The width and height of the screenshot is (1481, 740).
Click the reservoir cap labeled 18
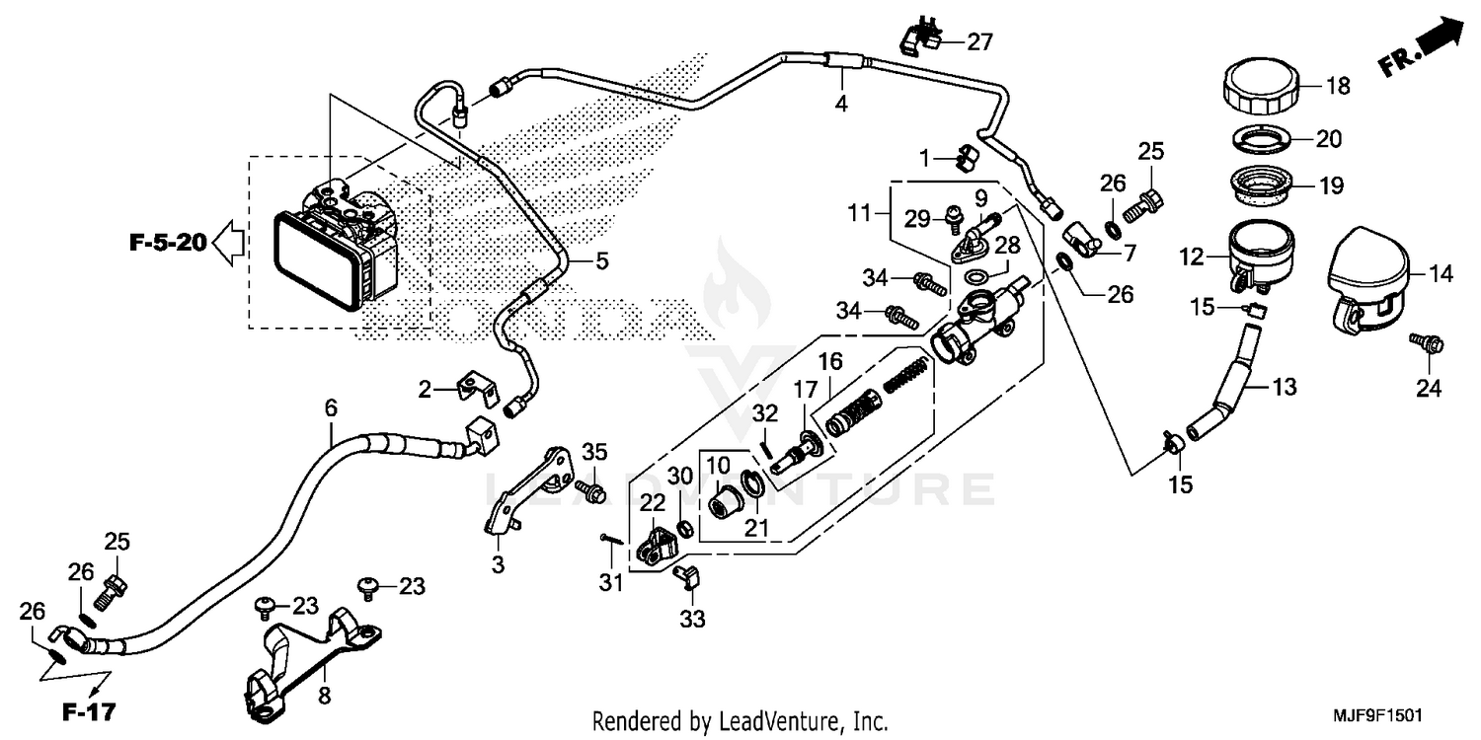[1256, 87]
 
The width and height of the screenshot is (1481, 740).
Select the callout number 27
[979, 42]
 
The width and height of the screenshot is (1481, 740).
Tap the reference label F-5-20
[167, 241]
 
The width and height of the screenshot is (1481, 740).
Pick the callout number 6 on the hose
[331, 407]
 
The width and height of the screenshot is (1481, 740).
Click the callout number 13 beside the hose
[1283, 387]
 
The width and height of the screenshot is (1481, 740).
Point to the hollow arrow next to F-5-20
[230, 242]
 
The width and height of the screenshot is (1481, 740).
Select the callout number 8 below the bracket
[323, 697]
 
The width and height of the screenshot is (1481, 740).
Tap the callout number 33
[693, 620]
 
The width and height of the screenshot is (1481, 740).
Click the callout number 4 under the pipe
[841, 103]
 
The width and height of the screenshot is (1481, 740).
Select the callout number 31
[612, 583]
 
